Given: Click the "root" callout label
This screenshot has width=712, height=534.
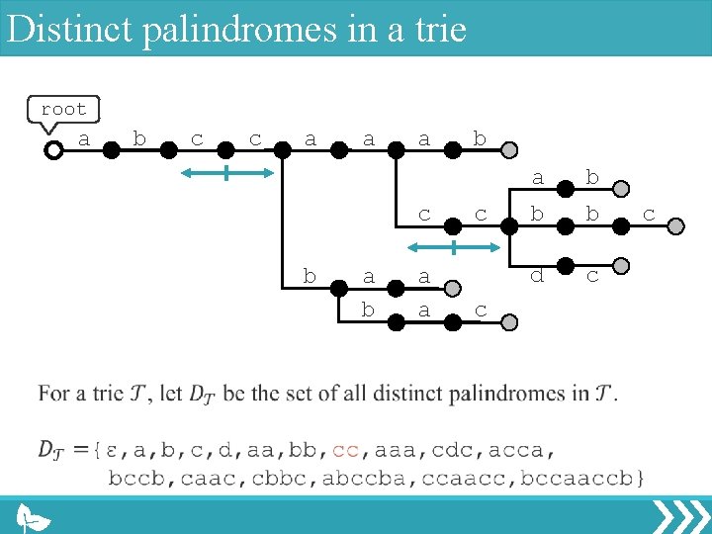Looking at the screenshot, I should (63, 110).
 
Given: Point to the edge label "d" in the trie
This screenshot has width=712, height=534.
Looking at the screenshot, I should (537, 276).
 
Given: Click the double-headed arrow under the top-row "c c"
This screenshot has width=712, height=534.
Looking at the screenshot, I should (226, 173).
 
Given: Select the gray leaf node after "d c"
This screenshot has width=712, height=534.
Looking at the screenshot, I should (620, 265).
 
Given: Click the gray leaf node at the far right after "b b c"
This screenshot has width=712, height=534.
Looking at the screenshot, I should (675, 225).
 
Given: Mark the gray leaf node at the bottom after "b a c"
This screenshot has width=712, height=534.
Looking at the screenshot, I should (508, 321).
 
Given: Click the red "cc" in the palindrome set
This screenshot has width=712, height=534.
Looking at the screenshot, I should (345, 450).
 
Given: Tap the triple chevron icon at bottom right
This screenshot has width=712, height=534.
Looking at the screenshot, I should (680, 516).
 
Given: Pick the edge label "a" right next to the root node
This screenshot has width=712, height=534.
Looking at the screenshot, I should (83, 139).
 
